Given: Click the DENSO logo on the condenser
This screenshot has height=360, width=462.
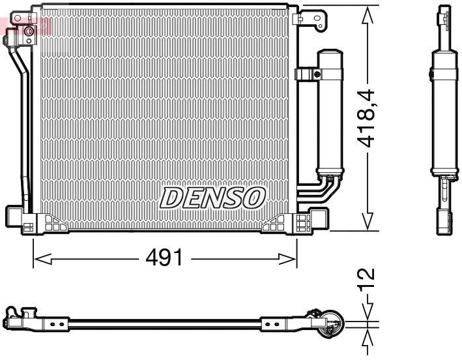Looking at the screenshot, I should (212, 197).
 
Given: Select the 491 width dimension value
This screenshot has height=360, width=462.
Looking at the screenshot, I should (164, 259).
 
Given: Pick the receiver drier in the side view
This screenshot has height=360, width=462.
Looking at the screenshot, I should (442, 111).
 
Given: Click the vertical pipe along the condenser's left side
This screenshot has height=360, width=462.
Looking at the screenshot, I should (25, 130).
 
